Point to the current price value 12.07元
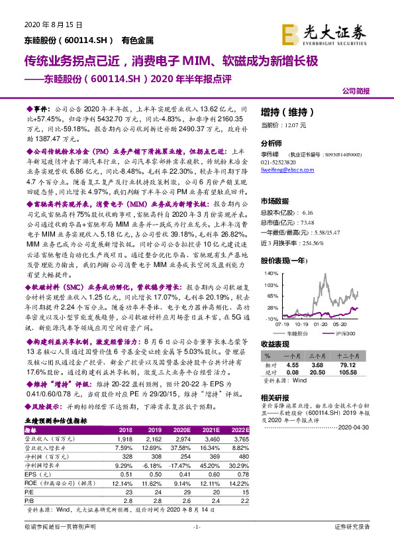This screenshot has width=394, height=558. point(294,124)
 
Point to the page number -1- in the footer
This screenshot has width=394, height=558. point(197,545)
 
